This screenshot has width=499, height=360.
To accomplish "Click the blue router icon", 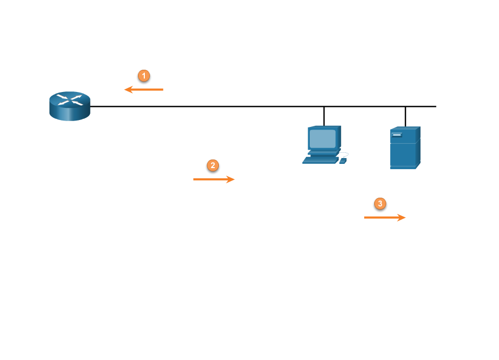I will coord(70,106).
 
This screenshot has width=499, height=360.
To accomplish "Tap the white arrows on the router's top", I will coord(70,99).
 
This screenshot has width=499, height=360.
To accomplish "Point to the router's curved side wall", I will coord(70,114).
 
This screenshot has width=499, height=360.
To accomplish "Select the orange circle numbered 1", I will coord(144,76).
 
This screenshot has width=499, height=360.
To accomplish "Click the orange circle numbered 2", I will coord(212,165).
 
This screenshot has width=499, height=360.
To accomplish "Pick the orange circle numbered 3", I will coord(380,204).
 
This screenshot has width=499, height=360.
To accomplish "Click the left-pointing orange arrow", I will coord(144,90).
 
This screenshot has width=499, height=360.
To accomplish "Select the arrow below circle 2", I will coord(214,180).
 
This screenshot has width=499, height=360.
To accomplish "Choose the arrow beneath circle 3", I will coord(385,217).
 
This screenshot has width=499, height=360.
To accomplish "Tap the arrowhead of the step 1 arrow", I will coord(127,90).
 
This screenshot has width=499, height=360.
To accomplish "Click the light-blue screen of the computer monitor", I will coord(322,139).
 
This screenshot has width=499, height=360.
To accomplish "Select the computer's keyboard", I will coord(320,160).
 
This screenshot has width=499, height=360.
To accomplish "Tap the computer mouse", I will coord(343,161).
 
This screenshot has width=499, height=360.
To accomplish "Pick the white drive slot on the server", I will coord(397,135).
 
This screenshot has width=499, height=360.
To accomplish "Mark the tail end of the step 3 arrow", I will coord(366,217).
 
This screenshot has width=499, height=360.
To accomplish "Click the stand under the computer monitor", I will coord(323,152).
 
